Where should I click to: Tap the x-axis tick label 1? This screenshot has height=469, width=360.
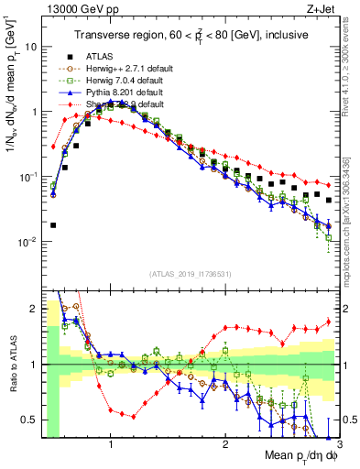110,443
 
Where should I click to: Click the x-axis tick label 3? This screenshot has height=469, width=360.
338,443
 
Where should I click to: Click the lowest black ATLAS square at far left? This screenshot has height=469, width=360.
53,224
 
